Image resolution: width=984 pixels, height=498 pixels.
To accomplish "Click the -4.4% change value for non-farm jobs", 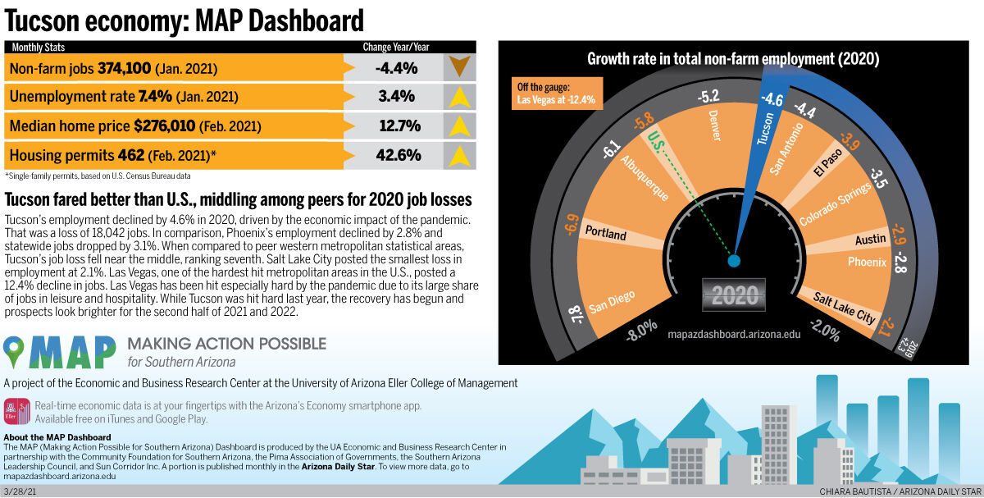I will [396, 68].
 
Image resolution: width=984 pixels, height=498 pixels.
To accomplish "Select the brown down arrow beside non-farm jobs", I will [459, 67].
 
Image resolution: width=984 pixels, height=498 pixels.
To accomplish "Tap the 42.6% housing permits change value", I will [398, 155].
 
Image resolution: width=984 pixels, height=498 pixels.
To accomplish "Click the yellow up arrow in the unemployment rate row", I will [459, 97].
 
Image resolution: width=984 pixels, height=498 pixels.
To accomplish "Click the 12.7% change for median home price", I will [398, 126].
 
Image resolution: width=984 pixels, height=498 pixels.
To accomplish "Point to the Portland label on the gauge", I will [606, 235].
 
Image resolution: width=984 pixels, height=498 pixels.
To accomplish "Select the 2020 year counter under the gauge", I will [735, 295].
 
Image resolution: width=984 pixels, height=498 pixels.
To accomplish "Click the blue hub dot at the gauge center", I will [734, 261].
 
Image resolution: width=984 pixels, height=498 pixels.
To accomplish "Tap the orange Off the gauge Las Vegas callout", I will [557, 94].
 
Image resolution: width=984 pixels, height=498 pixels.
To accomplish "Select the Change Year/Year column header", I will [396, 48].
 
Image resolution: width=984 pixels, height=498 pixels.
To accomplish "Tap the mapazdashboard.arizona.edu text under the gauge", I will [735, 335].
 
